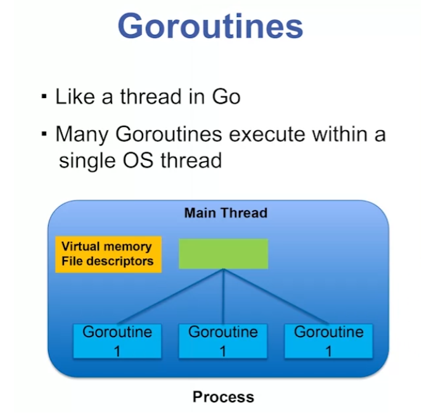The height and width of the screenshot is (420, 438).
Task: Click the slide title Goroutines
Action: [210, 27]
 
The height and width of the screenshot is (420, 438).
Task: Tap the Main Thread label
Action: [226, 213]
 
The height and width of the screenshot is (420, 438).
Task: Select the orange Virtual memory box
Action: [108, 254]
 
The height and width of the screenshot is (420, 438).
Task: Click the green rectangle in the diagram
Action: [223, 254]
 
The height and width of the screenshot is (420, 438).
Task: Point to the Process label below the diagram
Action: [223, 397]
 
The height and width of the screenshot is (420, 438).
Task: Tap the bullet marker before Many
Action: [44, 134]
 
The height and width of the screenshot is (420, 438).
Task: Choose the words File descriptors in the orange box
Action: [108, 261]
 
